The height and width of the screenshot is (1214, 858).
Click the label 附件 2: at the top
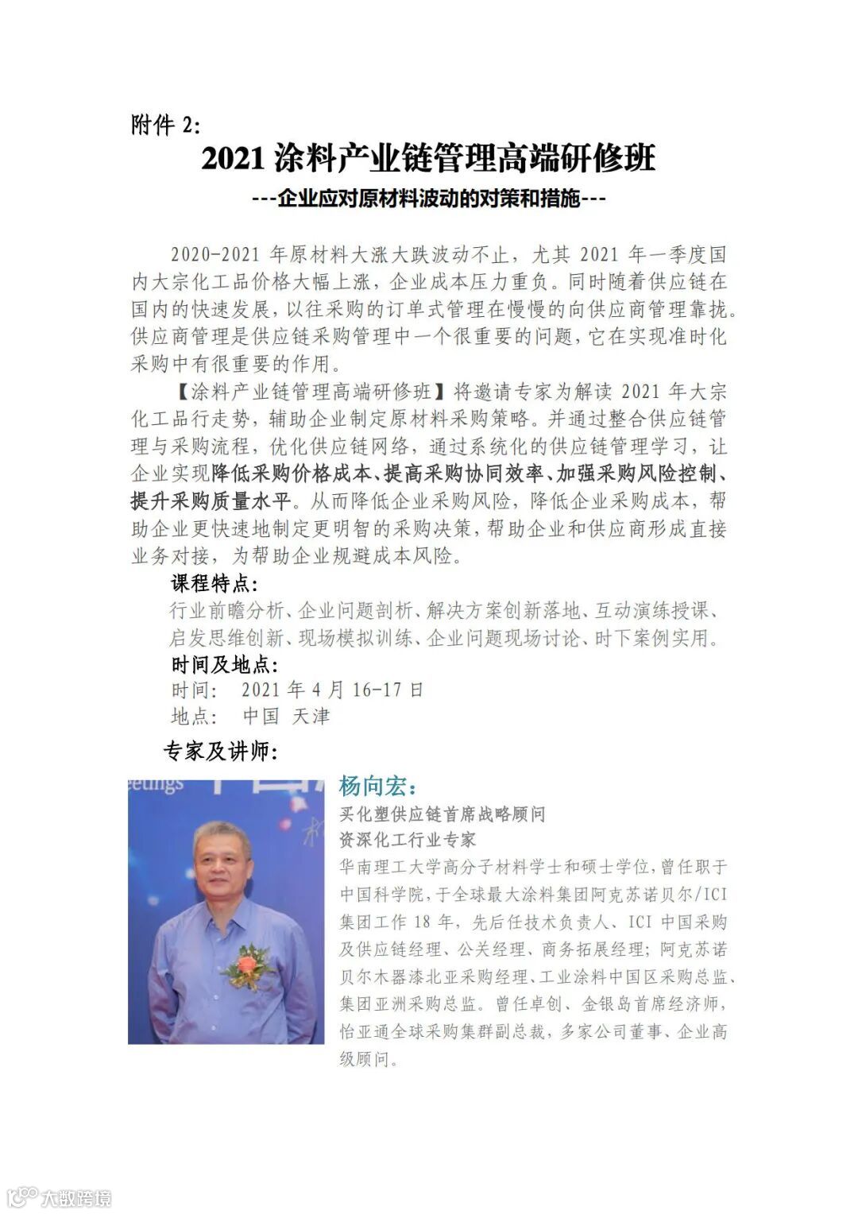[166, 125]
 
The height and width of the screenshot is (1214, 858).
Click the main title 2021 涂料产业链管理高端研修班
[428, 158]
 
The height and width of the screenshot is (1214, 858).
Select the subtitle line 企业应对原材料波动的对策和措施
[429, 198]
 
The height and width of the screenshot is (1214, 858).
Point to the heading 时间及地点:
[225, 664]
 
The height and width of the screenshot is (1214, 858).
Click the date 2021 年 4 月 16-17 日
[332, 690]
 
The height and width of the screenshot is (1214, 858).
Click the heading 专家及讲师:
[220, 751]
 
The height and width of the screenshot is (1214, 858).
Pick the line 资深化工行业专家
[408, 840]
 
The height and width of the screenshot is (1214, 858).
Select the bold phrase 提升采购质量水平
[211, 501]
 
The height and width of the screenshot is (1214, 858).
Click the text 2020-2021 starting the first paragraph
[215, 255]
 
